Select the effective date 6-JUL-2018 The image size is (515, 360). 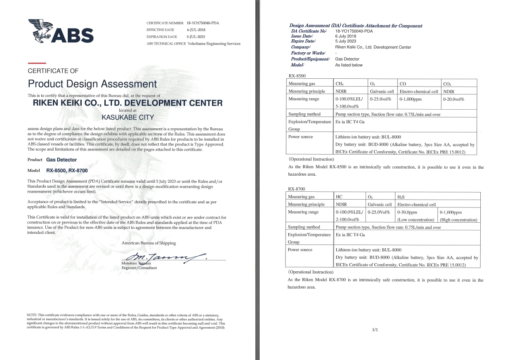coord(196,30)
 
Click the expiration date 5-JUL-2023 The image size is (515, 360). coord(196,37)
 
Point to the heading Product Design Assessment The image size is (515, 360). coord(92,84)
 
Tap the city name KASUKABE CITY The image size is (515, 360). coord(128,117)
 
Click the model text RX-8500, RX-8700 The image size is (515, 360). coord(67,170)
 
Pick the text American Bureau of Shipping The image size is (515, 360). coord(149,243)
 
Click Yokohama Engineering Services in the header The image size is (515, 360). coord(214,43)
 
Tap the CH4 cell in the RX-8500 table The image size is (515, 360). coord(340,84)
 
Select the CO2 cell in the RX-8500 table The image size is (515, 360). coord(447,84)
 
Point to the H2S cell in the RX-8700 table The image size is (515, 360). coord(401,197)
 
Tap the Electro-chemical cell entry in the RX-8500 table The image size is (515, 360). coord(418,92)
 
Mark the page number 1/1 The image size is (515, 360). coord(375,329)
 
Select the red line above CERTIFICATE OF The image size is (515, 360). coord(34,63)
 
